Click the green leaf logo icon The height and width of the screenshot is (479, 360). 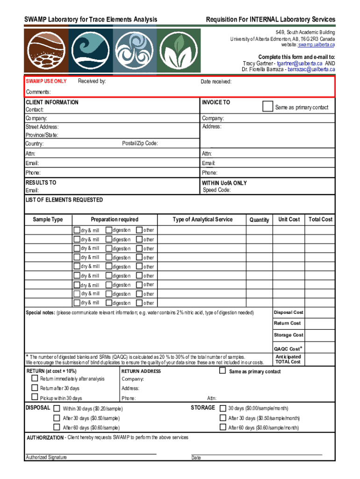click(178, 51)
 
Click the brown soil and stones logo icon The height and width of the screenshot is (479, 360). click(46, 51)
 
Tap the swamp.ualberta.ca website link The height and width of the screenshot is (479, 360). click(317, 45)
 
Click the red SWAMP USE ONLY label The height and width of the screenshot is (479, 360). click(46, 82)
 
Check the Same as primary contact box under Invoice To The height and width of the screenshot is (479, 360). click(267, 107)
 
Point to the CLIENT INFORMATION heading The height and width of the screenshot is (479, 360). click(52, 102)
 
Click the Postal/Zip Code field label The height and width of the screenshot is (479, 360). click(140, 143)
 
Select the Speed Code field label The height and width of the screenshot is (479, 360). click(216, 190)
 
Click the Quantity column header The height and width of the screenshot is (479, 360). click(259, 220)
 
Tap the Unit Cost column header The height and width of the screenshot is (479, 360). click(289, 219)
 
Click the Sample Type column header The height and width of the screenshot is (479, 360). click(48, 219)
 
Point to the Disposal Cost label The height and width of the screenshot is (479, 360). click(288, 312)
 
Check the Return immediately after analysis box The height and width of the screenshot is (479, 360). click(35, 378)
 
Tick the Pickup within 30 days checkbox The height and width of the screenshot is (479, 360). click(35, 398)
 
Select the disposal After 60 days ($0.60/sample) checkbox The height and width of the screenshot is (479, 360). click(57, 427)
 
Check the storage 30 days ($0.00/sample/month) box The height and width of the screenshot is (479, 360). click(223, 408)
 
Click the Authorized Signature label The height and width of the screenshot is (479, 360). click(46, 457)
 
